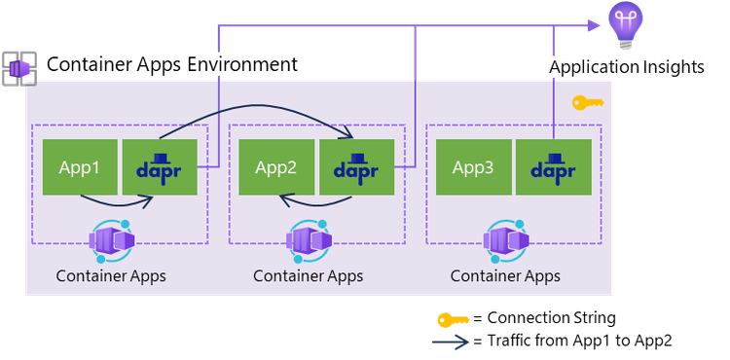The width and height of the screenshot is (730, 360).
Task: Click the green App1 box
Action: [x=80, y=166]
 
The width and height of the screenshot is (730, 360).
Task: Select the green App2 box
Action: [x=276, y=166]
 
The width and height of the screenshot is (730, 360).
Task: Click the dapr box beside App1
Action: [x=159, y=166]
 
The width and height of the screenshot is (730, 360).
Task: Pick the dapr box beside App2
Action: [x=356, y=166]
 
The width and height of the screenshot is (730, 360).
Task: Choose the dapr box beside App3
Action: [x=553, y=166]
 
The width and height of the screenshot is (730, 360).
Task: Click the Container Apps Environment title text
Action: [x=171, y=65]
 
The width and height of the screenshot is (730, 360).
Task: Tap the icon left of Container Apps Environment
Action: [x=18, y=66]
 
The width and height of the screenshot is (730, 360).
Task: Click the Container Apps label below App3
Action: [x=505, y=275]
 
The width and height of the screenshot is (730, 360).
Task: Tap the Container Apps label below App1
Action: [x=111, y=275]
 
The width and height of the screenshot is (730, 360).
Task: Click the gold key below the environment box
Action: [x=453, y=319]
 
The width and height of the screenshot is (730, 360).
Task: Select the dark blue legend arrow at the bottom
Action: [x=452, y=342]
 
